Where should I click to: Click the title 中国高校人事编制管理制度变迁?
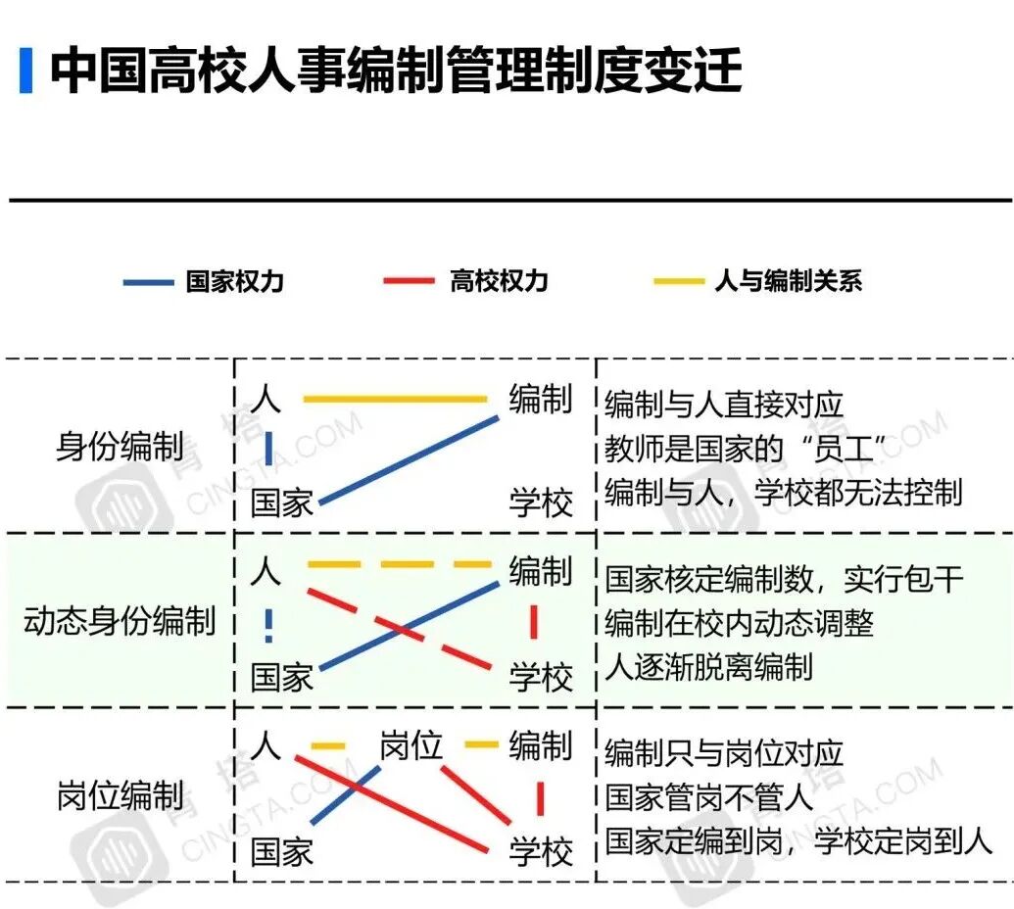[396, 71]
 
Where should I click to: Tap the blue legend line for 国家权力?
[148, 283]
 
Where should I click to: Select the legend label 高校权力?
[499, 282]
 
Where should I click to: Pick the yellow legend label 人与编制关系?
[788, 282]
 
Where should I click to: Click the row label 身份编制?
[120, 448]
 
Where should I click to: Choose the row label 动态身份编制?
[120, 621]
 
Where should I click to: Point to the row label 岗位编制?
[120, 795]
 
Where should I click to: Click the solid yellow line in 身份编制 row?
[395, 399]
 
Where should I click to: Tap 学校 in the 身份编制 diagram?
[540, 503]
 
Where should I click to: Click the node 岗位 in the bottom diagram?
[410, 747]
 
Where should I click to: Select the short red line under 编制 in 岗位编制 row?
[540, 797]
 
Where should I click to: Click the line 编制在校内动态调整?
[739, 623]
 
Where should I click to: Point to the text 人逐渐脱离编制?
[708, 667]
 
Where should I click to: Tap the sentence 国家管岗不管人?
[708, 796]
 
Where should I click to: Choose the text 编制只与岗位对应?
[724, 753]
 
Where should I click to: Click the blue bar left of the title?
[25, 71]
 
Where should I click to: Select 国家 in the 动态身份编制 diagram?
[281, 677]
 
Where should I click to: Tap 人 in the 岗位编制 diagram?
[266, 746]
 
